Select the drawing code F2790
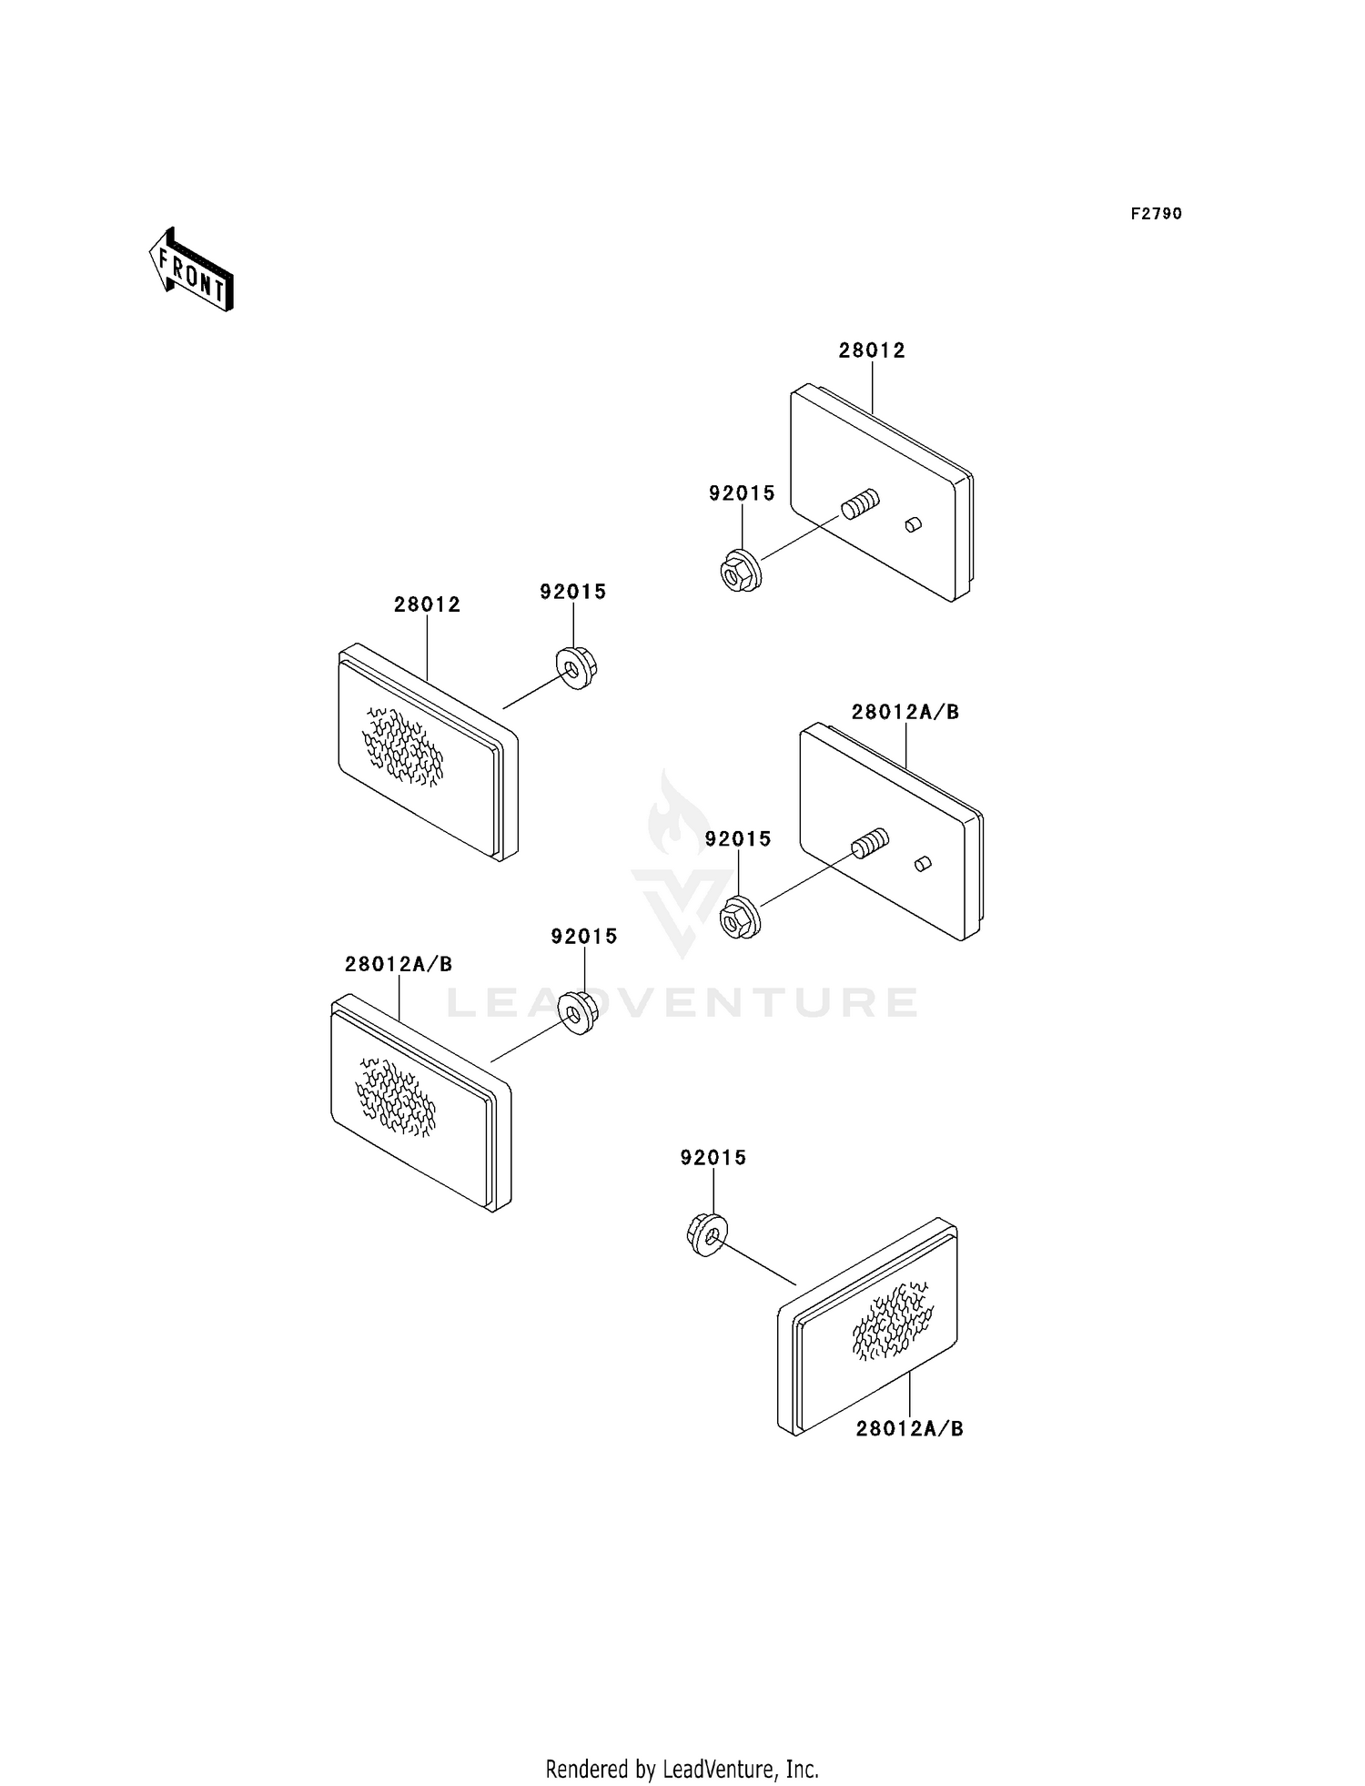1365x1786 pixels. coord(1156,214)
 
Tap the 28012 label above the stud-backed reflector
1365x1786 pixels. coord(872,351)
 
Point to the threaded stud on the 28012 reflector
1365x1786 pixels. coord(860,503)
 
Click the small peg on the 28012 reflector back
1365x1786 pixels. coord(913,524)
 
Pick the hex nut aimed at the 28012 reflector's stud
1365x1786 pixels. coord(740,571)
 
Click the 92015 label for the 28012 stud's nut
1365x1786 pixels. coord(742,493)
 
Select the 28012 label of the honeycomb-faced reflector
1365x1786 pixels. coord(427,604)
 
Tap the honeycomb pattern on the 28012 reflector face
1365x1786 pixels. coord(403,746)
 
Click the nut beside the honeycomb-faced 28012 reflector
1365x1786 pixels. coord(576,667)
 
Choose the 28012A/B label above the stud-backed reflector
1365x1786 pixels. coord(905,712)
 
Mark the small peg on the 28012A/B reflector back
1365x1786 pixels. coord(922,863)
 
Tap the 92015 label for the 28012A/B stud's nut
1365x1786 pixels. coord(738,839)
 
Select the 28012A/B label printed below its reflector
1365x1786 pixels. coord(909,1429)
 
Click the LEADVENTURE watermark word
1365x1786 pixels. coord(682,1003)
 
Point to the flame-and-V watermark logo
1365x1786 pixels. coord(682,865)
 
